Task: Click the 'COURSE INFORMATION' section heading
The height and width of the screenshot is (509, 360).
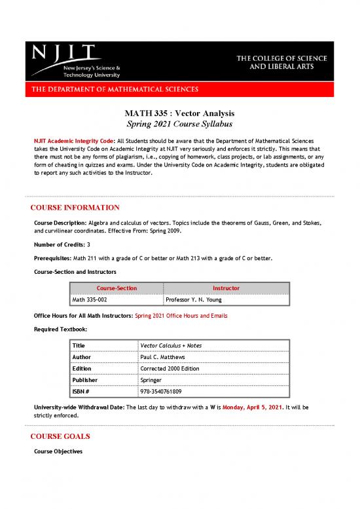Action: click(x=75, y=208)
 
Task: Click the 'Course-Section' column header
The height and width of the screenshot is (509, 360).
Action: click(x=117, y=288)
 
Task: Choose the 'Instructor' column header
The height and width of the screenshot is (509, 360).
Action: click(x=226, y=288)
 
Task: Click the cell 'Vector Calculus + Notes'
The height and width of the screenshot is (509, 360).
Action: click(x=169, y=345)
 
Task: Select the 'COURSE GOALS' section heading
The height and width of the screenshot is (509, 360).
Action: click(x=60, y=436)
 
